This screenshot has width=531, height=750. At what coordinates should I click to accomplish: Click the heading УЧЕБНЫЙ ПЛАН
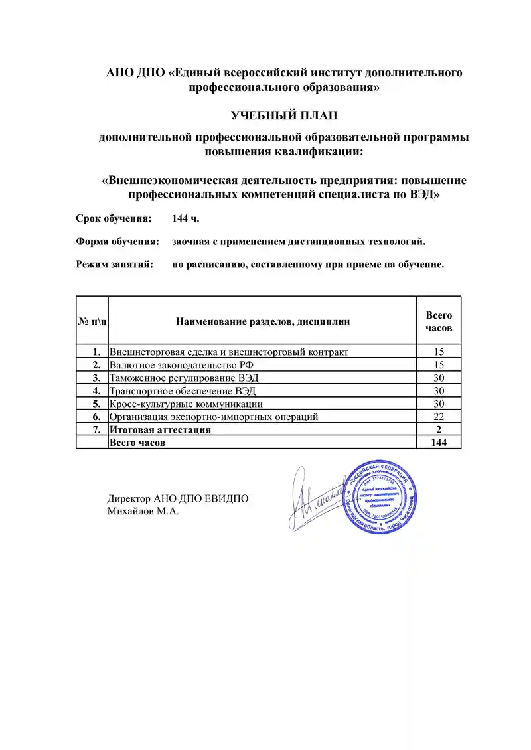[x=284, y=115]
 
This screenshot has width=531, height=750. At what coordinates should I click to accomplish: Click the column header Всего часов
[x=438, y=322]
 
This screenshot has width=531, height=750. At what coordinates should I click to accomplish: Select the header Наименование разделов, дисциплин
[x=263, y=322]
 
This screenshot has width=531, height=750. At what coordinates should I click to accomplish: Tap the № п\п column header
[x=92, y=322]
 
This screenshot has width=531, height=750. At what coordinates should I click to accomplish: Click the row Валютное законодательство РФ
[x=181, y=365]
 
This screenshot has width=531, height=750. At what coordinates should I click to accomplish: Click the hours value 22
[x=438, y=417]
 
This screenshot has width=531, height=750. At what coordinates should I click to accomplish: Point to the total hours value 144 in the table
[x=438, y=443]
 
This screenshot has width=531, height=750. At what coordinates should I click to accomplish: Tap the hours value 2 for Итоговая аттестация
[x=438, y=429]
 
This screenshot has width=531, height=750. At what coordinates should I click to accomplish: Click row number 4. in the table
[x=96, y=391]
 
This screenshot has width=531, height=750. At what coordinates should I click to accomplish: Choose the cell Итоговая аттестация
[x=161, y=429]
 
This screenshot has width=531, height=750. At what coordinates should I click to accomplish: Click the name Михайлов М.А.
[x=143, y=512]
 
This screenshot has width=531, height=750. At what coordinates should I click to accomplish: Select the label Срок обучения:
[x=114, y=218]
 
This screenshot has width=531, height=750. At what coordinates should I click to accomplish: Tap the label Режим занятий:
[x=114, y=265]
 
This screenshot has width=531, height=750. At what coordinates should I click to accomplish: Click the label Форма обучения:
[x=117, y=242]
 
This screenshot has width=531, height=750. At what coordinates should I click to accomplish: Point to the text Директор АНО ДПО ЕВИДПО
[x=178, y=499]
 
